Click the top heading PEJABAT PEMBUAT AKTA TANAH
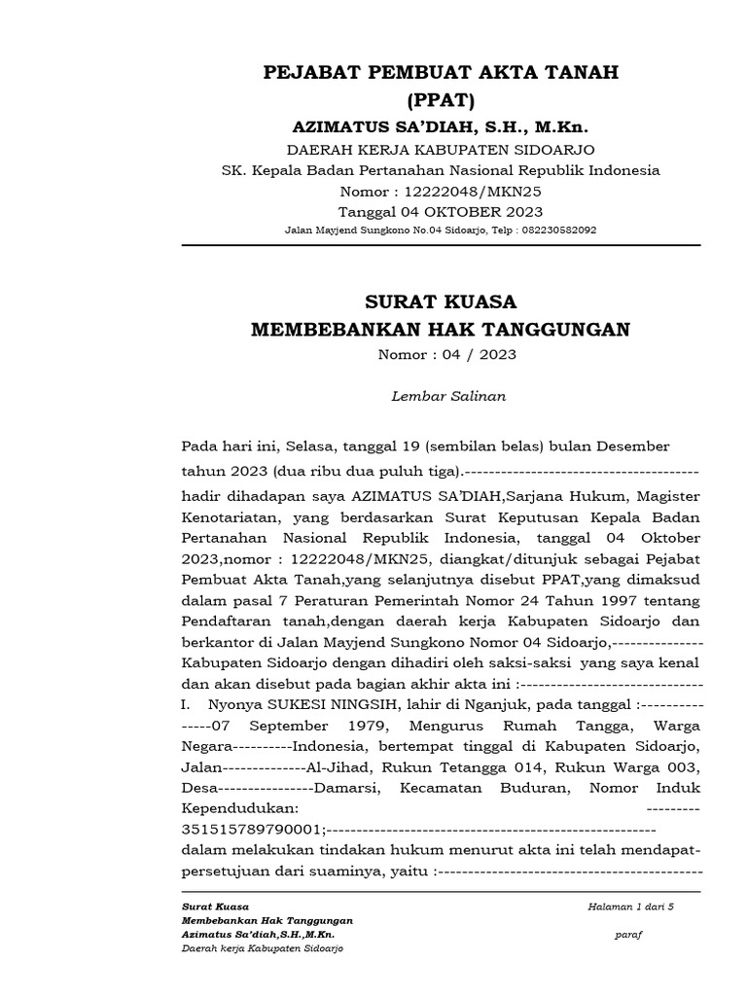(x=442, y=74)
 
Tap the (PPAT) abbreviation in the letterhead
(x=442, y=100)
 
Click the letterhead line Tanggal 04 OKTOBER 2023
(x=441, y=211)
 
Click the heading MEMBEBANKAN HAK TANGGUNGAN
(x=441, y=330)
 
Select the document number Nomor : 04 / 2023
(x=447, y=355)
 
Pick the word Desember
(x=633, y=446)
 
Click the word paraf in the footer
(x=629, y=935)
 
